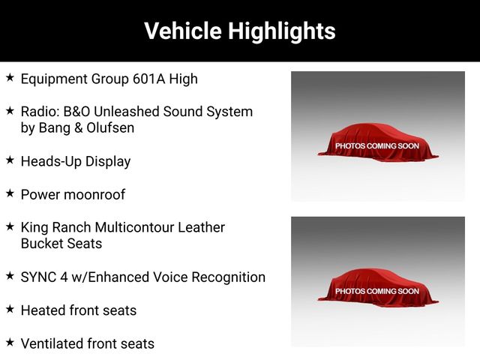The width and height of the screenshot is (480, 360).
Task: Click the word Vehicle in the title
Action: coord(183,31)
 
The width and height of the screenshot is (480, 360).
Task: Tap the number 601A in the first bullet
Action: coord(149,79)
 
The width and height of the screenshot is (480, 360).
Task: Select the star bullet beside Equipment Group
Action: coord(10,77)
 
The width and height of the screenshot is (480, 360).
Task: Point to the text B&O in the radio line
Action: coord(76,112)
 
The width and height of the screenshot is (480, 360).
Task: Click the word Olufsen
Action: coord(110,128)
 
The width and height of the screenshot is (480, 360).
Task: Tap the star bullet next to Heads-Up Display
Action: coord(10,160)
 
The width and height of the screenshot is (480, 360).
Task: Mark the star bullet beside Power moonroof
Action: coord(10,193)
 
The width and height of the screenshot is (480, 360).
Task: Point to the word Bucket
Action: coord(42,244)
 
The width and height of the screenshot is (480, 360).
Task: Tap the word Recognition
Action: coord(228,277)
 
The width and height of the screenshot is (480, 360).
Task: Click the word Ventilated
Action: coord(52,343)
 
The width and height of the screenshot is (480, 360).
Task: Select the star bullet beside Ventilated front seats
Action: coord(10,342)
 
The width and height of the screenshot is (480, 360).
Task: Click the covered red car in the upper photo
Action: coord(378,142)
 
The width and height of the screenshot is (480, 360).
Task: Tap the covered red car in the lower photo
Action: coord(378,288)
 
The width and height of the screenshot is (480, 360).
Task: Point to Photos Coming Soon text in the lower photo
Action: coord(377,291)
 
